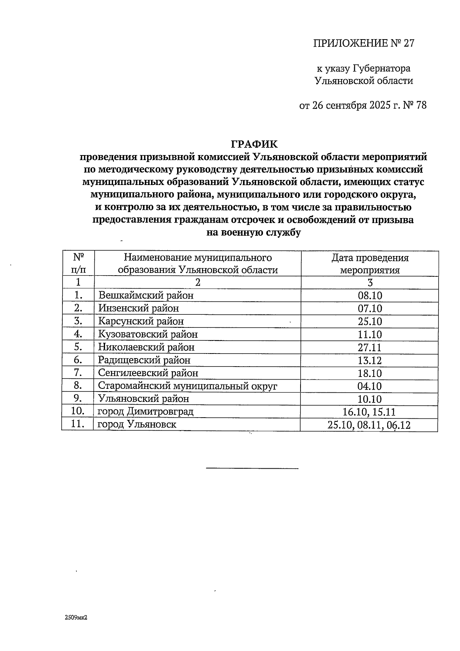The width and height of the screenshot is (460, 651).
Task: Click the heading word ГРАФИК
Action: tap(254, 144)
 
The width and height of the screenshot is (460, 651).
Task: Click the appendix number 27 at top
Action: tap(409, 43)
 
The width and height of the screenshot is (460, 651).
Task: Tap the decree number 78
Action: tap(421, 105)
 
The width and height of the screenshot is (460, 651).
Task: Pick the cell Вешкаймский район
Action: tap(146, 295)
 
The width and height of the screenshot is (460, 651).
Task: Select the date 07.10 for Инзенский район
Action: tap(370, 308)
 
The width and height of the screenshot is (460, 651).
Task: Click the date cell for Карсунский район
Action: tap(370, 321)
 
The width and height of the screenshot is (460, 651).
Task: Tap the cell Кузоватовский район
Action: tap(148, 334)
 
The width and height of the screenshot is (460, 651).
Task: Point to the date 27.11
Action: tap(370, 347)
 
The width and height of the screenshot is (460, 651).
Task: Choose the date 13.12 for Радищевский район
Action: tap(370, 360)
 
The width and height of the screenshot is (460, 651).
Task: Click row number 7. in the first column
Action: tap(78, 373)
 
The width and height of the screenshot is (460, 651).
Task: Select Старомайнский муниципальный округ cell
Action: tap(187, 386)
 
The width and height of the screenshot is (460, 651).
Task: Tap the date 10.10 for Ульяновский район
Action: tap(370, 399)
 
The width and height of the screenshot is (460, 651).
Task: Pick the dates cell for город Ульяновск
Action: tap(370, 425)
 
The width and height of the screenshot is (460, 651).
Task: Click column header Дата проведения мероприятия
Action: tap(370, 264)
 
